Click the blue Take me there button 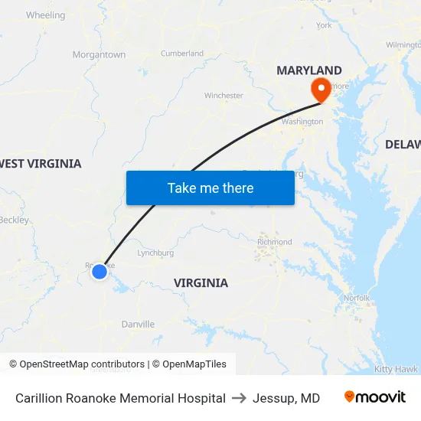(210, 188)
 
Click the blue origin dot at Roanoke (99, 271)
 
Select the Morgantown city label (99, 55)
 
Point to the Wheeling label (45, 15)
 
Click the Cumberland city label (182, 54)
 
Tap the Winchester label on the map (224, 96)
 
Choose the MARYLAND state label (309, 70)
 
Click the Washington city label (302, 122)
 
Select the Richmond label (274, 242)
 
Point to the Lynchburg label (155, 253)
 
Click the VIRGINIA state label (201, 283)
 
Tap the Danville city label (138, 325)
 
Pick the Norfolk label (356, 298)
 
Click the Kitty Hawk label (396, 369)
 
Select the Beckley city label (15, 220)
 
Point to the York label (324, 25)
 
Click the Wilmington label (403, 45)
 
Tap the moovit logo (375, 397)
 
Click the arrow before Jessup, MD (238, 398)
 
